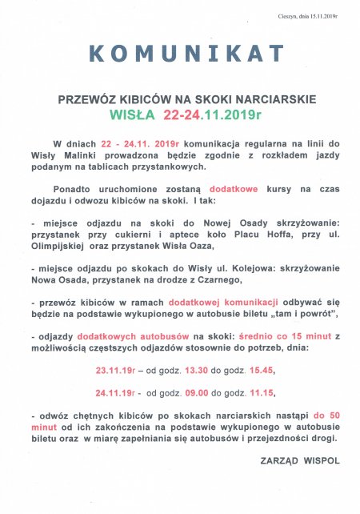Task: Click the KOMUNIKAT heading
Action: click(x=186, y=54)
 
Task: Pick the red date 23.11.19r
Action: click(x=115, y=371)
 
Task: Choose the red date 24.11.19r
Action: click(x=115, y=394)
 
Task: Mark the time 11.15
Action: click(x=258, y=394)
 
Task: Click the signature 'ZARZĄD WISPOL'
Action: click(x=300, y=461)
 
